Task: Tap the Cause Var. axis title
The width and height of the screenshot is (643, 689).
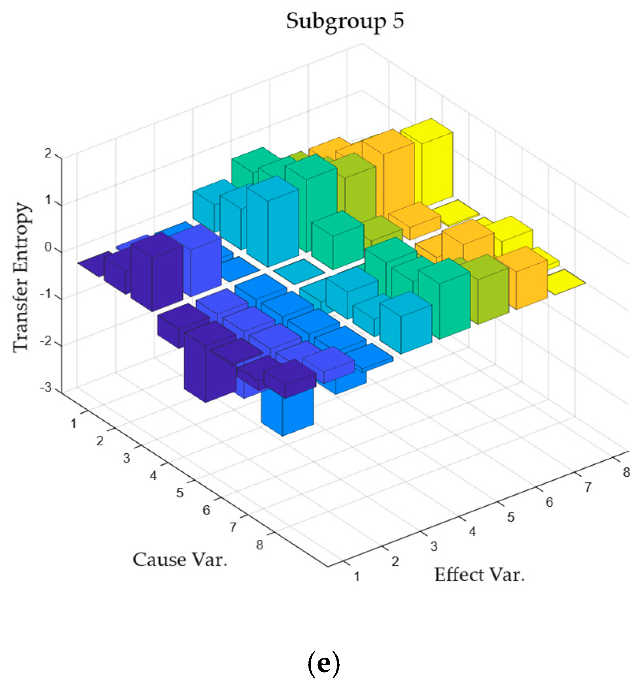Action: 180,559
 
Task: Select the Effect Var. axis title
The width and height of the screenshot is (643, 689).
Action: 479,575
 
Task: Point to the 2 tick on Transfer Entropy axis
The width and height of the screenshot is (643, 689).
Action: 48,153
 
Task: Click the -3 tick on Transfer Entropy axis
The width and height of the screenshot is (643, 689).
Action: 46,387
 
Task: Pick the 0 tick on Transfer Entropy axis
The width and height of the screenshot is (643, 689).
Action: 48,248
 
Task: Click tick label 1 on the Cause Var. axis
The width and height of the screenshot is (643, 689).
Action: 73,424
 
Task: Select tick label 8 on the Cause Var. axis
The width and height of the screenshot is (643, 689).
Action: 259,545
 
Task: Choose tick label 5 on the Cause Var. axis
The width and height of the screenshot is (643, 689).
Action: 180,493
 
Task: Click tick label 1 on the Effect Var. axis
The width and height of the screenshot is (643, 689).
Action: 357,576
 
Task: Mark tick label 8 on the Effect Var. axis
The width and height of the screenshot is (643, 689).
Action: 626,472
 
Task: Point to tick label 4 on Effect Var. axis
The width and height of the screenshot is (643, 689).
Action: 472,532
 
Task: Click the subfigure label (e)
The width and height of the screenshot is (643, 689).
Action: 323,664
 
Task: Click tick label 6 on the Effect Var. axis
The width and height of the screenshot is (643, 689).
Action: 549,502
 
